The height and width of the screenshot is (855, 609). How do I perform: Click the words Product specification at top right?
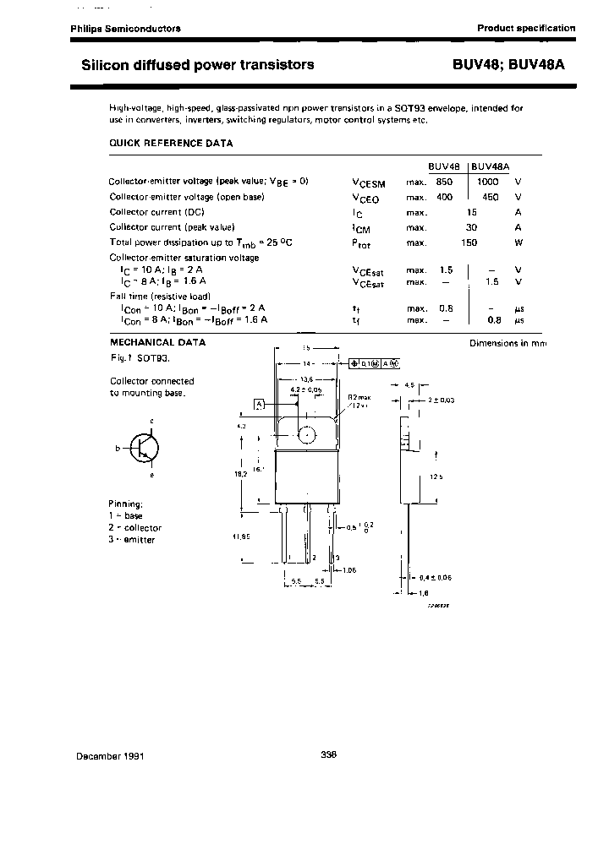[x=526, y=28]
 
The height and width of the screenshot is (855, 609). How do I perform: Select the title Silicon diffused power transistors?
[x=197, y=64]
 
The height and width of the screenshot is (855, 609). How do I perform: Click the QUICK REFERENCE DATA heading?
[x=171, y=144]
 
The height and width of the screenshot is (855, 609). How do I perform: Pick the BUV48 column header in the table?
[x=444, y=166]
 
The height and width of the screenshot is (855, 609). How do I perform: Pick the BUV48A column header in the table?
[x=496, y=166]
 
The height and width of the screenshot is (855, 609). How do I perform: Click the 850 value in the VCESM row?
[x=444, y=182]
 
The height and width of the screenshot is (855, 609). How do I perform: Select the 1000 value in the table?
[x=488, y=182]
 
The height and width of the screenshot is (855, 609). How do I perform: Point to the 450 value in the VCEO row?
[x=490, y=197]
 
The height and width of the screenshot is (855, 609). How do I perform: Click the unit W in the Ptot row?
[x=518, y=242]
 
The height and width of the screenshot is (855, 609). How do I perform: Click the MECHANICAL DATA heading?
[x=157, y=342]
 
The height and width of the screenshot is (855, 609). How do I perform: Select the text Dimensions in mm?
[x=508, y=343]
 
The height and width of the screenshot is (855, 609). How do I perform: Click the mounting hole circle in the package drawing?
[x=307, y=434]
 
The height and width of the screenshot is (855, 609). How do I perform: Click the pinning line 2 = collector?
[x=135, y=527]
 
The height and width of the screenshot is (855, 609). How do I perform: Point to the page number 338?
[x=330, y=755]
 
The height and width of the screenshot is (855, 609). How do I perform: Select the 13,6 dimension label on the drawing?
[x=307, y=378]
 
